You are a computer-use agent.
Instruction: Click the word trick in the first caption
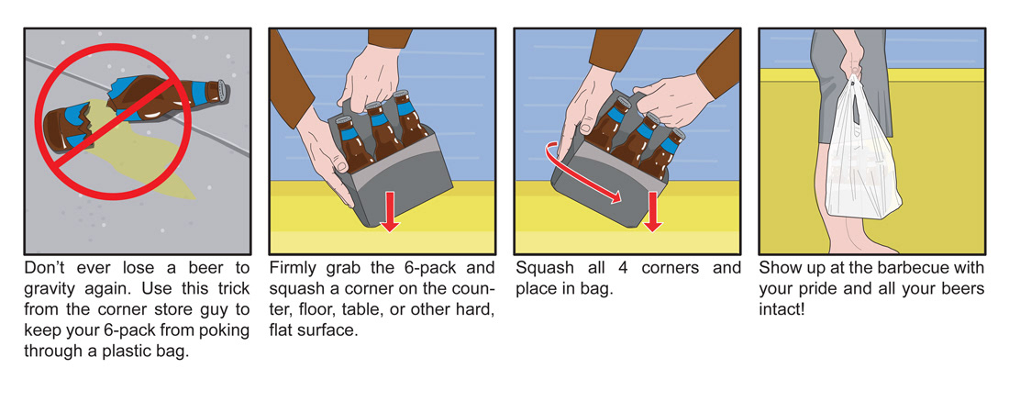click(232, 288)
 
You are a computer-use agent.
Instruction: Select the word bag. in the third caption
click(597, 289)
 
